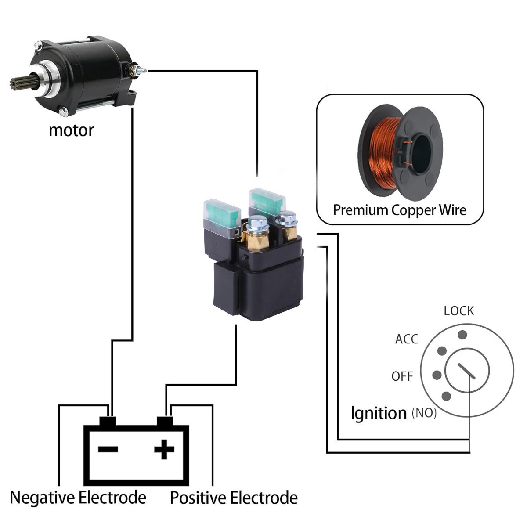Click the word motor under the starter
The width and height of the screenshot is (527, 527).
pyautogui.click(x=71, y=130)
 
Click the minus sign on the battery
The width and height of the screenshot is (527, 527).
pyautogui.click(x=108, y=449)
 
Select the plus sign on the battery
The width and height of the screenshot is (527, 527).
pyautogui.click(x=164, y=449)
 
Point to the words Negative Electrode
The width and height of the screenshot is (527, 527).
pyautogui.click(x=78, y=498)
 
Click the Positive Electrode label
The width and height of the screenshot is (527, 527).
pyautogui.click(x=234, y=498)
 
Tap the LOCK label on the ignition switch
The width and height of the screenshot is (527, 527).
pyautogui.click(x=458, y=311)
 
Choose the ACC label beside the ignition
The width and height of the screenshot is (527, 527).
pyautogui.click(x=407, y=339)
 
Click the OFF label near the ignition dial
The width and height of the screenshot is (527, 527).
pyautogui.click(x=402, y=376)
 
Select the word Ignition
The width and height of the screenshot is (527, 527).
pyautogui.click(x=379, y=413)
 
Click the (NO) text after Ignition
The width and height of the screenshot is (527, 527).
pyautogui.click(x=424, y=413)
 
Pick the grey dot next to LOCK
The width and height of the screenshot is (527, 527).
pyautogui.click(x=462, y=335)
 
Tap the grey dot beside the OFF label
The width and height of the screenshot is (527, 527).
pyautogui.click(x=437, y=375)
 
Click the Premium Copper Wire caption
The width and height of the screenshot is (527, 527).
pyautogui.click(x=399, y=210)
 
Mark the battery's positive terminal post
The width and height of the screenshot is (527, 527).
pyautogui.click(x=165, y=422)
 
